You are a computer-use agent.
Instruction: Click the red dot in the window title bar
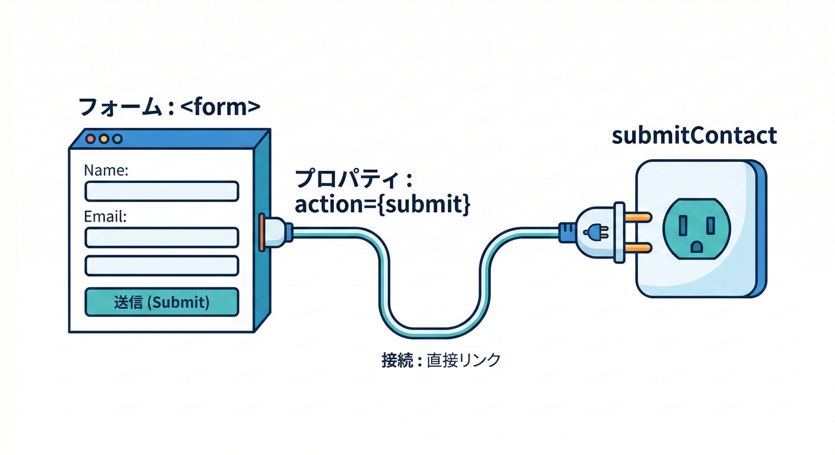91,139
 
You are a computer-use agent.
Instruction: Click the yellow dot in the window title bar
104,139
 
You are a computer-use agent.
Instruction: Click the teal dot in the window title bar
117,139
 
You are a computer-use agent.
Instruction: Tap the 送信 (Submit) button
162,302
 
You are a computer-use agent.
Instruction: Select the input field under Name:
162,191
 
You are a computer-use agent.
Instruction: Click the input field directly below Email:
162,237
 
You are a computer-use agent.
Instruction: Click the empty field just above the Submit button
162,265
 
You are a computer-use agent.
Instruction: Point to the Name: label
106,171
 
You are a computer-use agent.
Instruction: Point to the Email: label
106,216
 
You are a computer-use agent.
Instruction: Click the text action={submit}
383,204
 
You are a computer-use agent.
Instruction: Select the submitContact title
693,136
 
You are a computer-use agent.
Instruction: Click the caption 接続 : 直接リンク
441,360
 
